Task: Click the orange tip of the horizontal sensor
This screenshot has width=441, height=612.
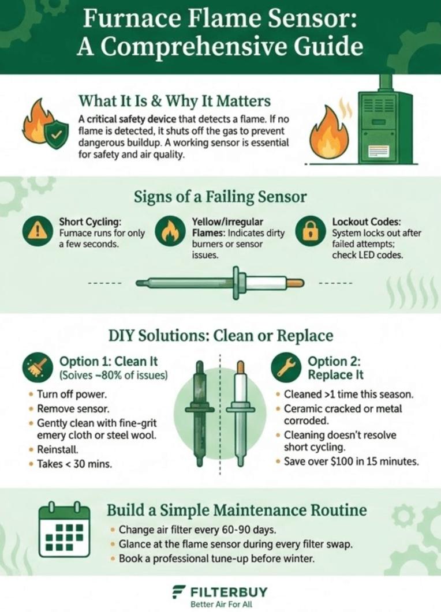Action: pos(296,283)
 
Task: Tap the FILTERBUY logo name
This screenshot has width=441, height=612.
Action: pos(229,592)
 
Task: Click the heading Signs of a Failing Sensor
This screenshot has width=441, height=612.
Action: pos(220,197)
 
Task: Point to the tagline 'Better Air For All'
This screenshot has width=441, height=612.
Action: pos(220,605)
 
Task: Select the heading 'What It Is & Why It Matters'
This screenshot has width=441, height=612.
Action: pos(174,102)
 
